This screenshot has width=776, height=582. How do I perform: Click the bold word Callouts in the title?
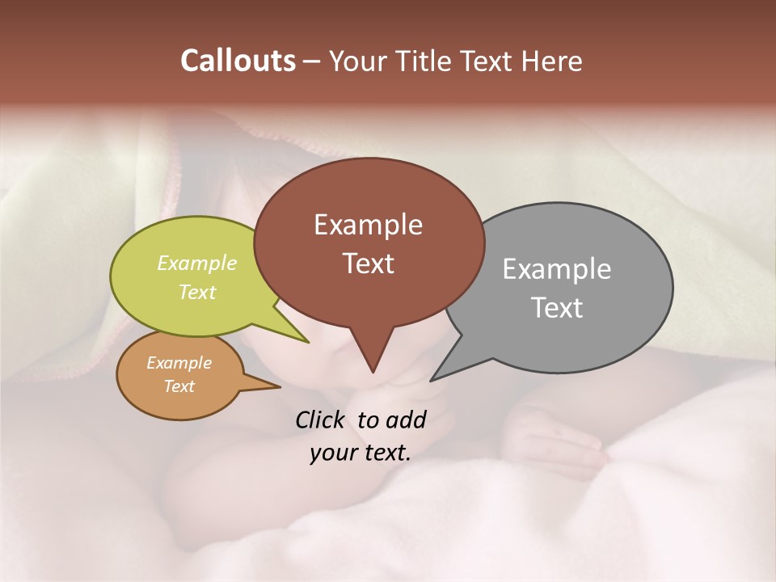pyautogui.click(x=238, y=61)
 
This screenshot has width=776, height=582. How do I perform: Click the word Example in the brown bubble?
pyautogui.click(x=368, y=225)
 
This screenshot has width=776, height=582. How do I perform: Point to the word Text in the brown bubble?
pyautogui.click(x=368, y=264)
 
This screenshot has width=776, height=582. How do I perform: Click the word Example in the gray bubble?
pyautogui.click(x=556, y=269)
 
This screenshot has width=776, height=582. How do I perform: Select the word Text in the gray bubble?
pyautogui.click(x=557, y=308)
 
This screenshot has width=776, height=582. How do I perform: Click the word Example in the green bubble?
pyautogui.click(x=197, y=263)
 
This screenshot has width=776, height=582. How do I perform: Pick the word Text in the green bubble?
pyautogui.click(x=197, y=292)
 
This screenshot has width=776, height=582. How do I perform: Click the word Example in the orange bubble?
pyautogui.click(x=179, y=363)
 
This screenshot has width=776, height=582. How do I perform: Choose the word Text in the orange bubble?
pyautogui.click(x=179, y=386)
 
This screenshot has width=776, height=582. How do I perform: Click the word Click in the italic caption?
pyautogui.click(x=321, y=420)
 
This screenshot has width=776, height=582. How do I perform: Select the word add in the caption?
pyautogui.click(x=406, y=420)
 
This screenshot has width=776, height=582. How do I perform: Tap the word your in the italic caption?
pyautogui.click(x=331, y=453)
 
